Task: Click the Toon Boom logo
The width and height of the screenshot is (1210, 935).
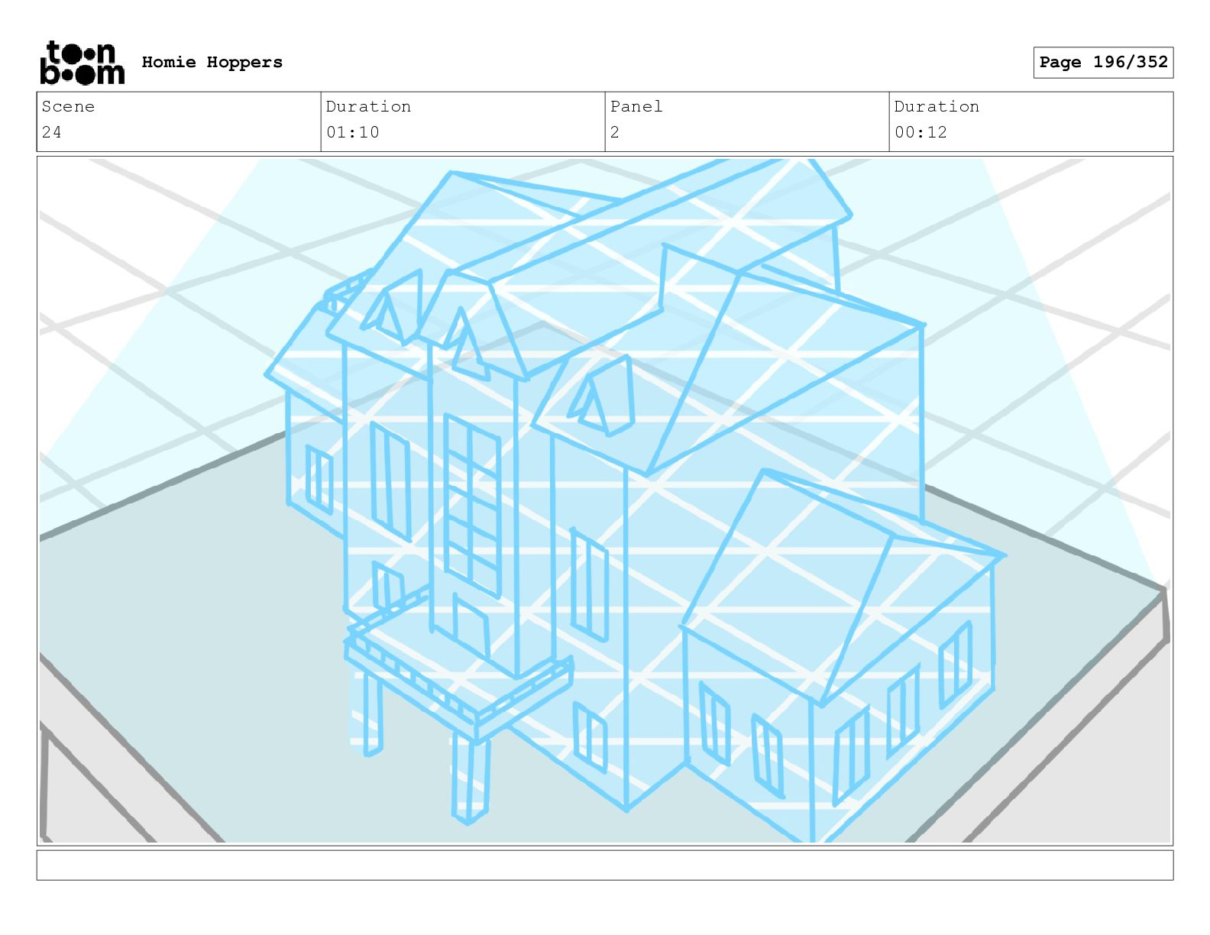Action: tap(82, 63)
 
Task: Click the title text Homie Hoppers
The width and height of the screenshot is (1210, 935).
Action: tap(212, 62)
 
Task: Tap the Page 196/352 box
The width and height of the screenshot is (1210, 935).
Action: tap(1102, 63)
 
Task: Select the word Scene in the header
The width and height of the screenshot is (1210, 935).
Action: tap(68, 107)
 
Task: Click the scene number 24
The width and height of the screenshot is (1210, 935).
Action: tap(51, 132)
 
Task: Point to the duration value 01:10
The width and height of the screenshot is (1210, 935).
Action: tap(352, 132)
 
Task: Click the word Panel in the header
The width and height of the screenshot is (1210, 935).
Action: tap(636, 107)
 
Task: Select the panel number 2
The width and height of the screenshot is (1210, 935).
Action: tap(614, 132)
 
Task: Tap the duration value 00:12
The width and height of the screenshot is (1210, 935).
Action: tap(920, 132)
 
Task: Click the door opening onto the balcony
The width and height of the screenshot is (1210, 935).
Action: tap(470, 626)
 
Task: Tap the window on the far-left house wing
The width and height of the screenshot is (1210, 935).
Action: tap(319, 480)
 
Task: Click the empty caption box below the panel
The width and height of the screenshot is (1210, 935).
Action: tap(604, 865)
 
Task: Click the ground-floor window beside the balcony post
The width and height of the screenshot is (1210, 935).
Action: tap(590, 737)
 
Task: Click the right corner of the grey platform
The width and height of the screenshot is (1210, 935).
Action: tap(1164, 603)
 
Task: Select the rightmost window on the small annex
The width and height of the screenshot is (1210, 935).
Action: tap(955, 665)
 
